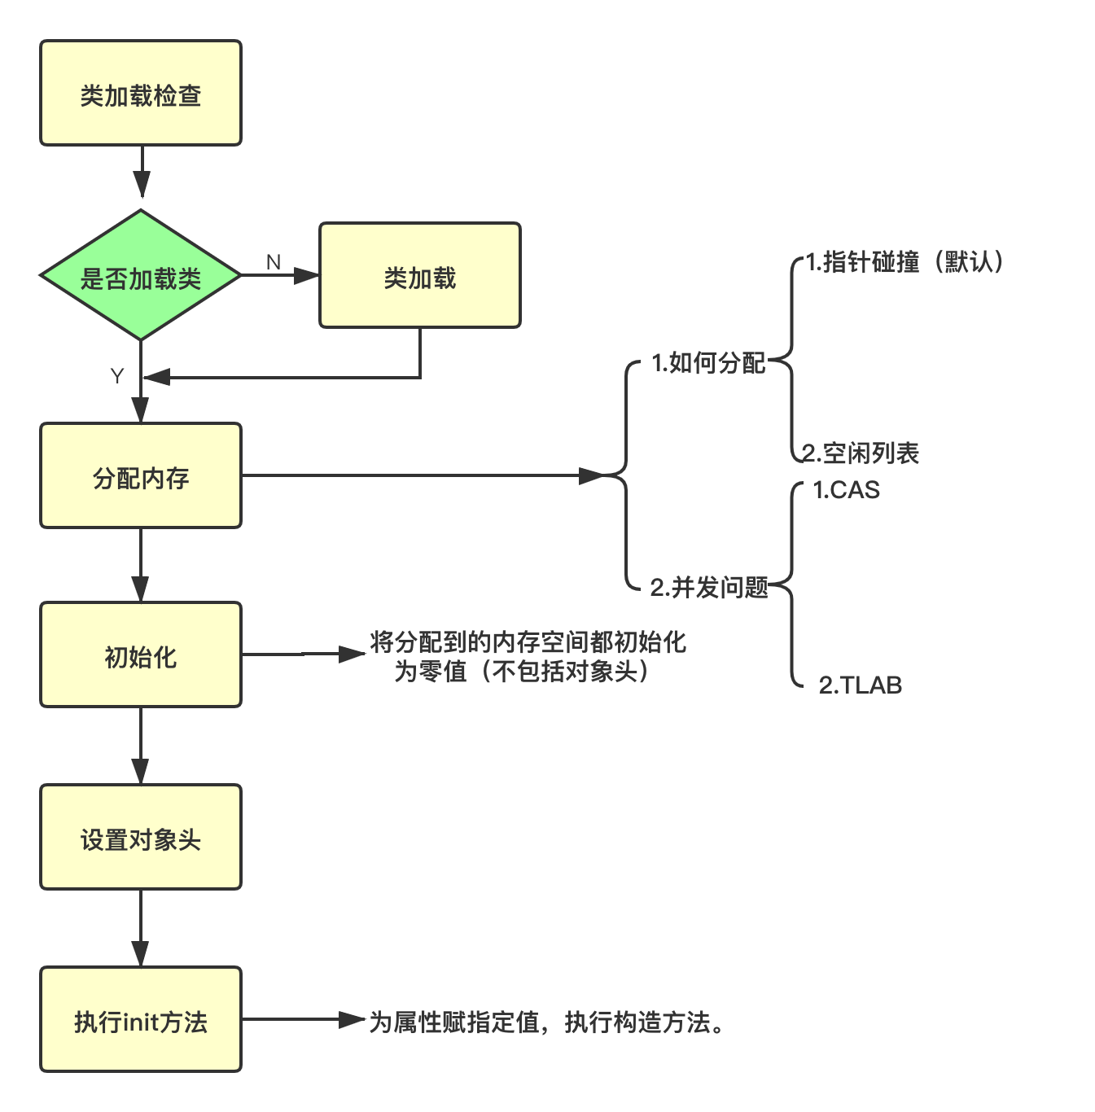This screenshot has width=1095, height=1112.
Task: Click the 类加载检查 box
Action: pyautogui.click(x=141, y=94)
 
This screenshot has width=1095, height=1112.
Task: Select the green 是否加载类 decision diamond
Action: pyautogui.click(x=141, y=276)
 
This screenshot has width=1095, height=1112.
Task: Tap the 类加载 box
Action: pyautogui.click(x=419, y=276)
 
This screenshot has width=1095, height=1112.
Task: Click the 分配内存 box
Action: pyautogui.click(x=141, y=476)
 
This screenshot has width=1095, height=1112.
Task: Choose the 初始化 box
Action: pyautogui.click(x=141, y=655)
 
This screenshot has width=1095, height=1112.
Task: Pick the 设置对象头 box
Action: pyautogui.click(x=141, y=838)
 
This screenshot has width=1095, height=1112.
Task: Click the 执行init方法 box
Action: pyautogui.click(x=141, y=1020)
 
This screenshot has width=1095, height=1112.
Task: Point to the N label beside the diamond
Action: pyautogui.click(x=274, y=262)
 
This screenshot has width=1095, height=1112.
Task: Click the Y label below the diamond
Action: pyautogui.click(x=117, y=375)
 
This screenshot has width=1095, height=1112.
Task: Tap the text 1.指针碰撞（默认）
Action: pyautogui.click(x=904, y=262)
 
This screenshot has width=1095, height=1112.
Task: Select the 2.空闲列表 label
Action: pyautogui.click(x=861, y=453)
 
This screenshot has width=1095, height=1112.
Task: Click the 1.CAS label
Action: pyautogui.click(x=846, y=490)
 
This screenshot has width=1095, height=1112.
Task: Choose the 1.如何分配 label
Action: pyautogui.click(x=708, y=363)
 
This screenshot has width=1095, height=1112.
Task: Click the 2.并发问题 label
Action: pyautogui.click(x=708, y=587)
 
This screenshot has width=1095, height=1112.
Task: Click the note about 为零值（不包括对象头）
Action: pyautogui.click(x=528, y=657)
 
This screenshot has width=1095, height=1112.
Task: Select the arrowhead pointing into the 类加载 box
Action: pyautogui.click(x=308, y=276)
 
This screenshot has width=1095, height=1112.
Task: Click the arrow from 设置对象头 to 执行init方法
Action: pyautogui.click(x=141, y=928)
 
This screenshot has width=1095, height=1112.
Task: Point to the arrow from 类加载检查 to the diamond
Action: pyautogui.click(x=142, y=173)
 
